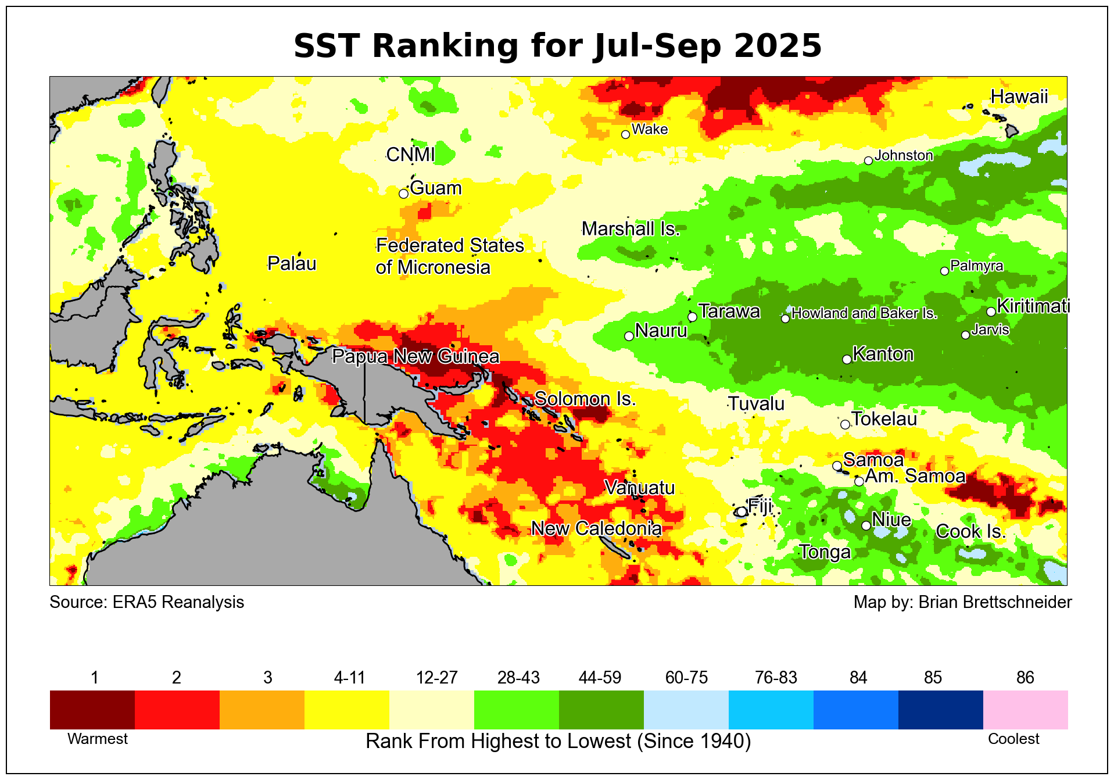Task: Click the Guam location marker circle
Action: click(x=403, y=194)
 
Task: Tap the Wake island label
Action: click(x=649, y=129)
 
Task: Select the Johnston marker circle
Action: click(x=868, y=160)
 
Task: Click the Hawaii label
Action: click(x=1019, y=96)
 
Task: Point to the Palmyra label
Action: click(x=976, y=266)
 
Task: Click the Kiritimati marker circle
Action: click(x=991, y=312)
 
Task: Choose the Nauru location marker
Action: click(x=629, y=336)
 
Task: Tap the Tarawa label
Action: click(x=729, y=312)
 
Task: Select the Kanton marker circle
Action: click(x=847, y=359)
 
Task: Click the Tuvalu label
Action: click(x=756, y=403)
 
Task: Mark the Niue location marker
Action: click(x=866, y=525)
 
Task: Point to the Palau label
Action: click(x=292, y=264)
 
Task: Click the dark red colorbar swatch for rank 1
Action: click(x=92, y=710)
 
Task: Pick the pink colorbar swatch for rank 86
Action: click(x=1025, y=710)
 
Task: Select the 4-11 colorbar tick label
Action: click(x=349, y=678)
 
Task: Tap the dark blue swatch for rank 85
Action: click(x=940, y=710)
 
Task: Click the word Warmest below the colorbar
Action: click(x=98, y=739)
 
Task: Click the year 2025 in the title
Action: click(x=778, y=46)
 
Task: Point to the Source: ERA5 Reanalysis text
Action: click(x=146, y=602)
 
